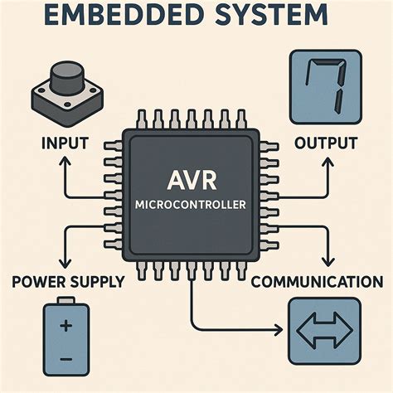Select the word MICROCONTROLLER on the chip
(x=196, y=205)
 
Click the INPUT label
(x=65, y=143)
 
